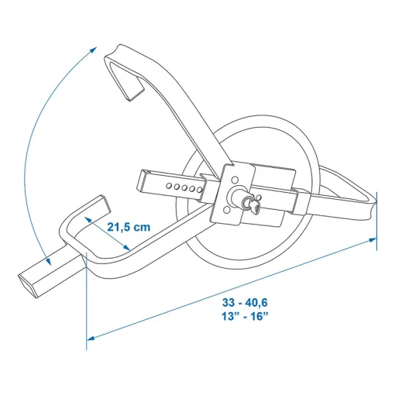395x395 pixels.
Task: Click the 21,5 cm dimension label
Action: (x=129, y=228)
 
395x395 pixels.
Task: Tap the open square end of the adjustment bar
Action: (x=144, y=183)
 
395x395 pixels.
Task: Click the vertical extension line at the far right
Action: (x=378, y=225)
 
